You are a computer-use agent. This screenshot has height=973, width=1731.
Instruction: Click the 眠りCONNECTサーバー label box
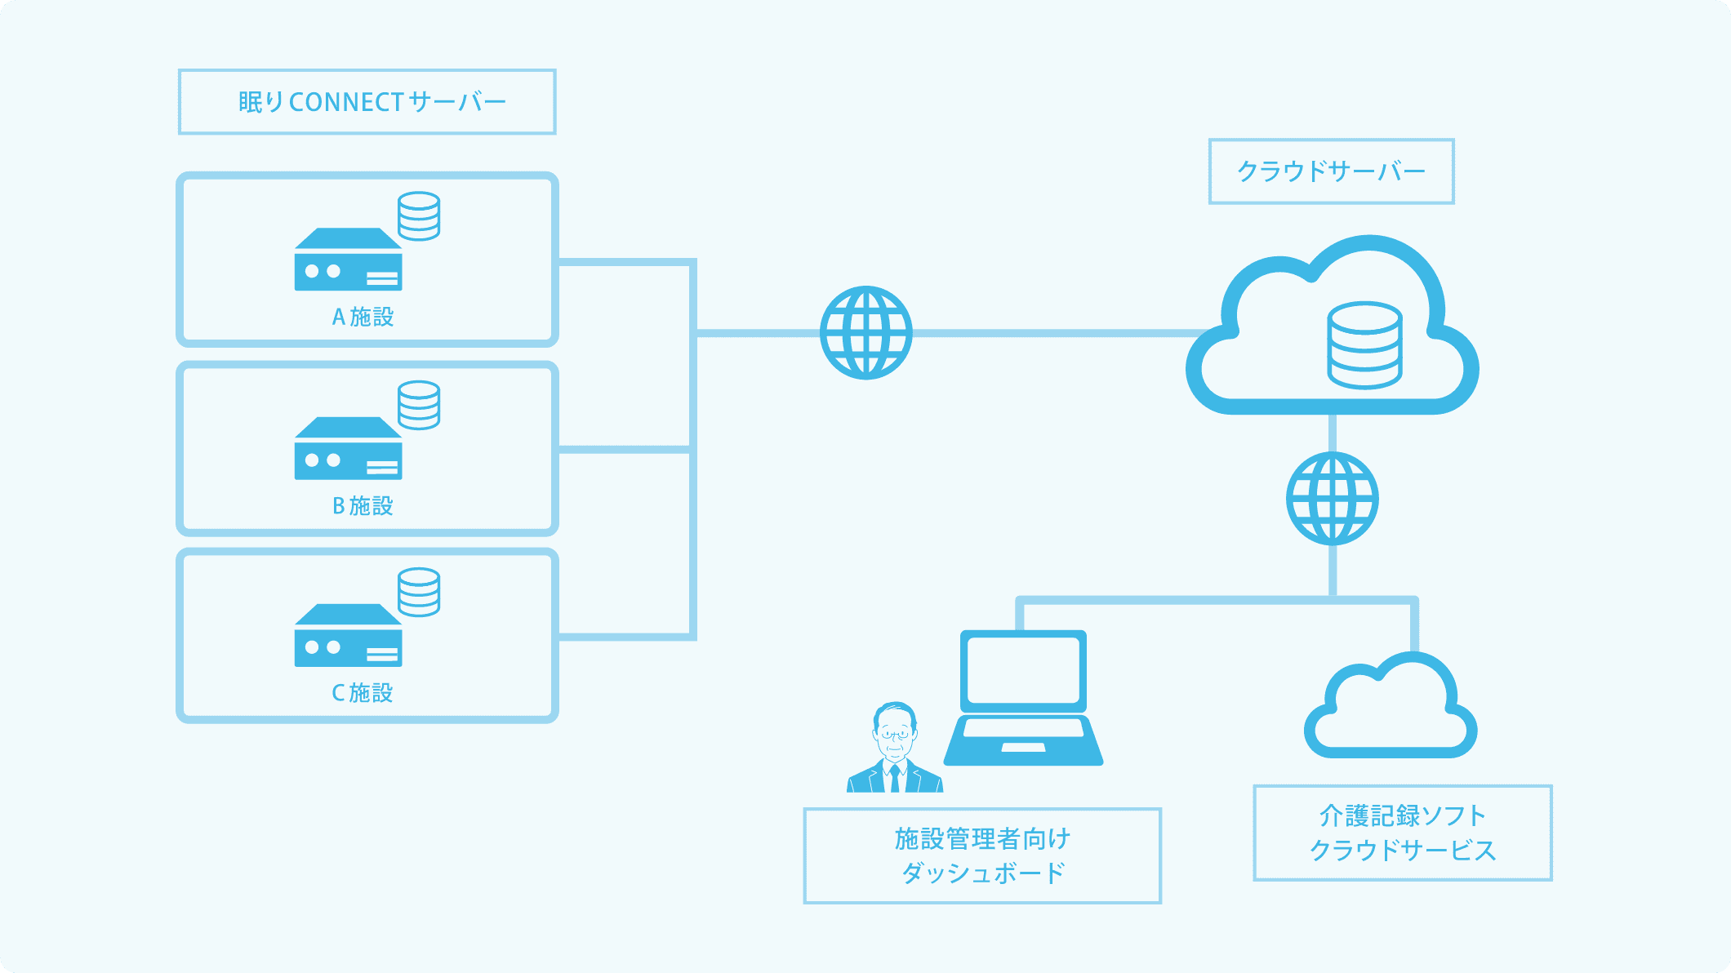pos(367,102)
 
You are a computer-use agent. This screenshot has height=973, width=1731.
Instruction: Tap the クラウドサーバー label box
pos(1331,171)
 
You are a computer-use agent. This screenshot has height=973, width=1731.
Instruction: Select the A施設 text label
pos(363,317)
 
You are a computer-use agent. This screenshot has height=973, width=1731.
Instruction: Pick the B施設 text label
pos(363,506)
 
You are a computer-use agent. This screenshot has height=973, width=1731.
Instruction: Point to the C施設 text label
pos(363,693)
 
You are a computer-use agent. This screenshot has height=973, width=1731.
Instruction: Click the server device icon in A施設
pos(348,261)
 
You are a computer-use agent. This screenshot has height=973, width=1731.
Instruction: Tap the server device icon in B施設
pos(348,450)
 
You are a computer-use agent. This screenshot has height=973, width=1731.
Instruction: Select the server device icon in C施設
pos(348,637)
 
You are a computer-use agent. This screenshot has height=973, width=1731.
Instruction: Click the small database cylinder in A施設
pos(419,216)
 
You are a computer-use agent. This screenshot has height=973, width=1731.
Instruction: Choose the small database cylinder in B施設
pos(419,405)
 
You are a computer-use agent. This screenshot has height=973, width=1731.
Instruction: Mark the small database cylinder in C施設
pos(419,592)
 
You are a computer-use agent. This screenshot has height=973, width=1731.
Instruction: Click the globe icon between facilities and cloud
pos(865,332)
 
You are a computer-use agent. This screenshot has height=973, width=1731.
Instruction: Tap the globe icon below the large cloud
pos(1332,499)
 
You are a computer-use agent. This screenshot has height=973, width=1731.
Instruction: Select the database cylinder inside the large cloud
pos(1364,345)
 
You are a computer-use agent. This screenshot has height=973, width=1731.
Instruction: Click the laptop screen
pos(1023,669)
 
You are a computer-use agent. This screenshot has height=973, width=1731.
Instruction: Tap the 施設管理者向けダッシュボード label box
pos(982,855)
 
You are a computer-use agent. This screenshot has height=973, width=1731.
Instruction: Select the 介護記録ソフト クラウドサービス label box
pos(1402,833)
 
